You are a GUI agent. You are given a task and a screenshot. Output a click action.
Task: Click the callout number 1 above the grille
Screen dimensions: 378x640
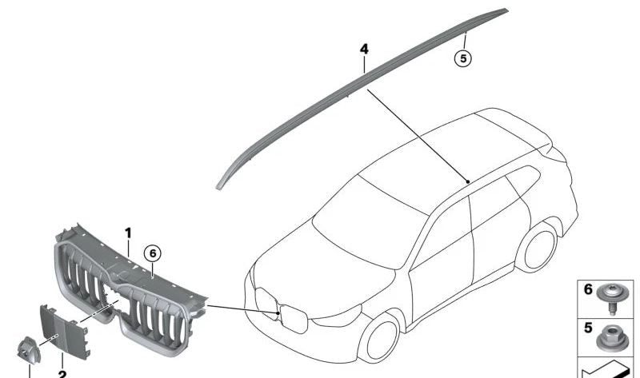click(x=128, y=233)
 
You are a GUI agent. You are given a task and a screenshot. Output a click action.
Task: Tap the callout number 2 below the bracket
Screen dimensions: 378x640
click(x=62, y=372)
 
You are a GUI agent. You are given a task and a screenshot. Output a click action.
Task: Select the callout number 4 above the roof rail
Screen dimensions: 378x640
click(x=364, y=50)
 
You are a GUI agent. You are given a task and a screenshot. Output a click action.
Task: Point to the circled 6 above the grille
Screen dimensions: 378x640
click(x=152, y=253)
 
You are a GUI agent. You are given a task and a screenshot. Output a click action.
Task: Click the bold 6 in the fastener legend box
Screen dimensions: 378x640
click(x=588, y=290)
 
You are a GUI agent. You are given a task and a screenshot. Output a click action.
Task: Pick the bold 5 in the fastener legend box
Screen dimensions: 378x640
click(x=588, y=328)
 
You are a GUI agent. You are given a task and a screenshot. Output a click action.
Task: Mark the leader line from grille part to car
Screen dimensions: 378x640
click(x=240, y=308)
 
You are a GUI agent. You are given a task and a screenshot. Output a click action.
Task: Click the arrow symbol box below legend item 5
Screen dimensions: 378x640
click(x=610, y=369)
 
